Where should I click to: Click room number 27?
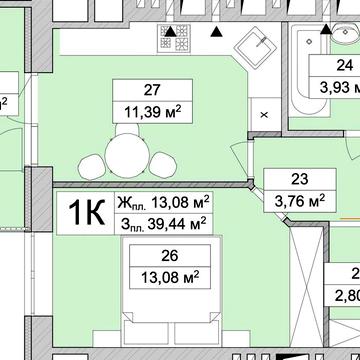pyautogui.click(x=153, y=87)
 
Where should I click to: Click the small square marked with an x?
pyautogui.click(x=264, y=115)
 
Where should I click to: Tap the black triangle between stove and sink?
pyautogui.click(x=215, y=34)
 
